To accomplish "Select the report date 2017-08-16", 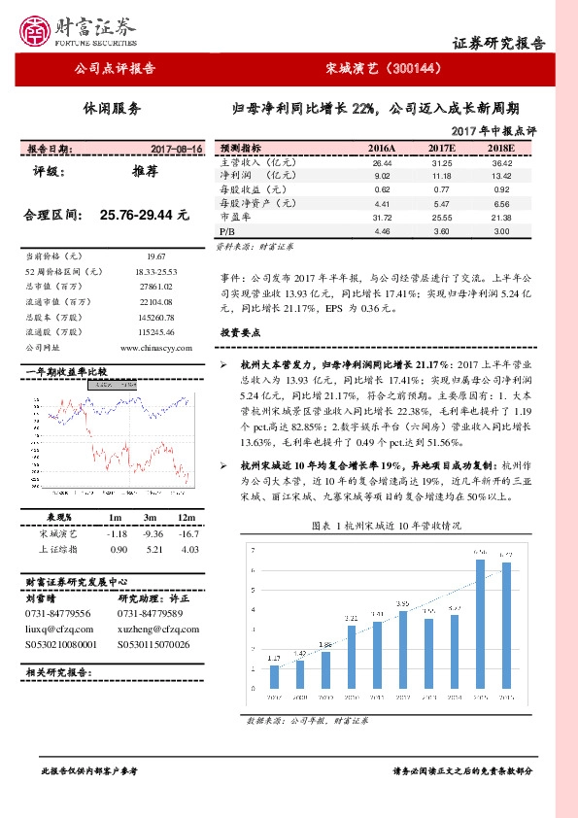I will coord(176,149).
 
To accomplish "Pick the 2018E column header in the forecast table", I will coord(501,148).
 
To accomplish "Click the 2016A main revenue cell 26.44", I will coord(382,163).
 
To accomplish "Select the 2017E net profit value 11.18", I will coord(441,176).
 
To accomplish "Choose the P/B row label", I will coord(227,232).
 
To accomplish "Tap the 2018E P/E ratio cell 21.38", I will coord(501,219).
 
